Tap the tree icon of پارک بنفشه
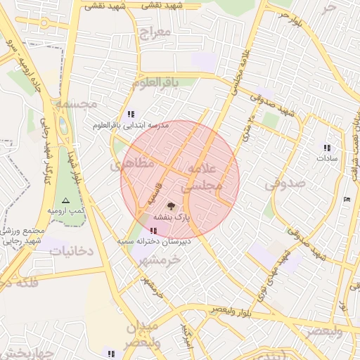[x=171, y=206]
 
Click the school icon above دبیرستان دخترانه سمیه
[x=154, y=231]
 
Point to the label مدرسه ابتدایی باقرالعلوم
[x=131, y=124]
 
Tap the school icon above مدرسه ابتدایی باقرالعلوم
[x=131, y=114]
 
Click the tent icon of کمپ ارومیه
[x=66, y=200]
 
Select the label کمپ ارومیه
[x=66, y=211]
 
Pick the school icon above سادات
[x=327, y=148]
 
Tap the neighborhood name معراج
[x=155, y=33]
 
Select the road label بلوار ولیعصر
[x=229, y=310]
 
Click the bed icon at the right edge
[x=346, y=200]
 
